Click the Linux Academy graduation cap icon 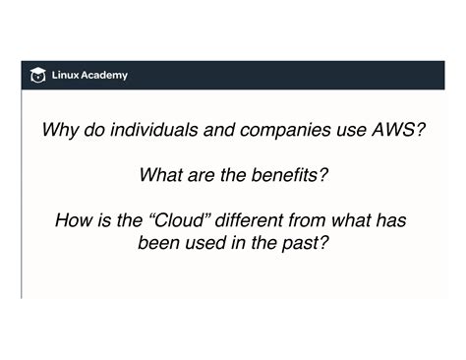(x=38, y=76)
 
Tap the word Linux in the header (x=66, y=76)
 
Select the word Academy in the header (x=105, y=76)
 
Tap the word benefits (x=284, y=176)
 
